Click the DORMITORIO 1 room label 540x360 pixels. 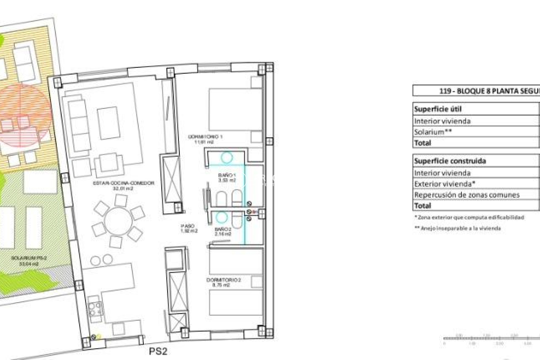pyautogui.click(x=205, y=139)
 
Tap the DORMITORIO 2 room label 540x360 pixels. pyautogui.click(x=224, y=282)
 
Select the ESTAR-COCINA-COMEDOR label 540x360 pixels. pyautogui.click(x=123, y=186)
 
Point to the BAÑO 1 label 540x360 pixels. pyautogui.click(x=227, y=178)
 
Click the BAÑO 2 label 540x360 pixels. pyautogui.click(x=222, y=231)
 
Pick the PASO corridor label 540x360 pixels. pyautogui.click(x=188, y=228)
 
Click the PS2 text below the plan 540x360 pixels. pyautogui.click(x=158, y=351)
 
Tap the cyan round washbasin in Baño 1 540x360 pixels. pyautogui.click(x=227, y=158)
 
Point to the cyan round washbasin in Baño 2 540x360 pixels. pyautogui.click(x=222, y=217)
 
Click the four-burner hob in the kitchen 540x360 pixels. pyautogui.click(x=95, y=309)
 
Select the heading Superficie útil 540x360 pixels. pyautogui.click(x=437, y=109)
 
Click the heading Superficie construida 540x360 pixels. pyautogui.click(x=450, y=161)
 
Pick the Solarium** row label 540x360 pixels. pyautogui.click(x=433, y=132)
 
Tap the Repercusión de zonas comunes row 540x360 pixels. pyautogui.click(x=467, y=195)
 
